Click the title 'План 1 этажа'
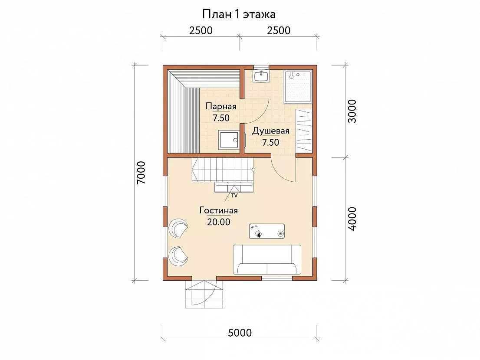pos(239,14)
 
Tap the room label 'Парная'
pos(221,106)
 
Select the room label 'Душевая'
pos(271,131)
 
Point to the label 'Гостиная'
pos(219,210)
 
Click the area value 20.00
pos(219,222)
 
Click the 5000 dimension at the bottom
pos(240,333)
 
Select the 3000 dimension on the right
pos(352,111)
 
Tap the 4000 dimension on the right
pos(352,219)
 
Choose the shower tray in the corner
pos(298,87)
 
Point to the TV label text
pos(234,196)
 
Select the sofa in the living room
pos(267,260)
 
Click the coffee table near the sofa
pos(266,231)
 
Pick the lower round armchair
pos(178,256)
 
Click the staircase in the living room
pos(224,170)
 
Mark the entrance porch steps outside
pos(204,294)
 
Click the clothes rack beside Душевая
pos(304,130)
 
